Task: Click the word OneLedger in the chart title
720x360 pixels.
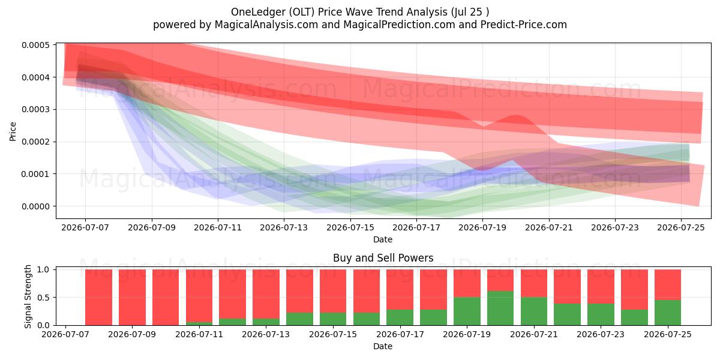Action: click(x=258, y=12)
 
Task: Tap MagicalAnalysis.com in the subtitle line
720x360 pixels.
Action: click(x=266, y=25)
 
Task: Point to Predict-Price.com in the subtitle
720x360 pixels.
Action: click(x=524, y=25)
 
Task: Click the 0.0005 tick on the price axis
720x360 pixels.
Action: click(x=35, y=45)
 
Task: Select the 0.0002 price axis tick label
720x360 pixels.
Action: click(x=35, y=142)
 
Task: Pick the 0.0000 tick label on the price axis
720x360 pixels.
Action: click(x=35, y=206)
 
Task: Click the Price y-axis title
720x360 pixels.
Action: click(x=13, y=131)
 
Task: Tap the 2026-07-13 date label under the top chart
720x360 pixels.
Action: click(x=284, y=228)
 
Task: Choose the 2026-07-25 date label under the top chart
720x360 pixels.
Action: click(x=681, y=228)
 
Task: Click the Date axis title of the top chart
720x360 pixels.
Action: click(x=383, y=239)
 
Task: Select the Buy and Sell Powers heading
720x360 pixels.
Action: click(x=383, y=258)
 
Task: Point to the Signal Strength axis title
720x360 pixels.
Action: click(x=28, y=296)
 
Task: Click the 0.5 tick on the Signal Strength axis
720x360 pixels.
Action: click(x=43, y=298)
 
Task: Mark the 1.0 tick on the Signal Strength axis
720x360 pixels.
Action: click(x=43, y=269)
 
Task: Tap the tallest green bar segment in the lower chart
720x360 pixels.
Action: click(x=500, y=308)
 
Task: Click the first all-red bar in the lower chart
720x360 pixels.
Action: click(x=98, y=298)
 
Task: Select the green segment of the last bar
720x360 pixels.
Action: click(x=668, y=313)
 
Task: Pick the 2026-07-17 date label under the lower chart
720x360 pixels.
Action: click(x=400, y=335)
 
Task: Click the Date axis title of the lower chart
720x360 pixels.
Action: click(x=383, y=347)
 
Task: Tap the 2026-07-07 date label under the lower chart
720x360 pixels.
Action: click(x=65, y=335)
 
